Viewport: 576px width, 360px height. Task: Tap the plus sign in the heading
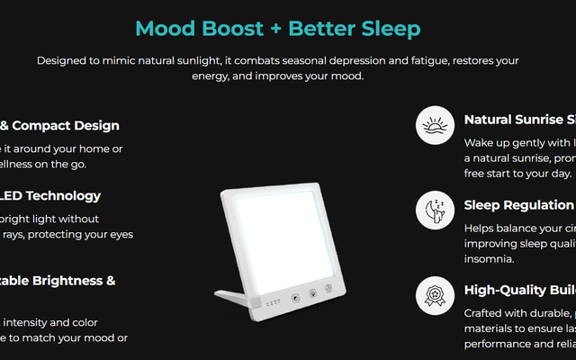pos(280,29)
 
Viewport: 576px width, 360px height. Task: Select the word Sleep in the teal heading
pos(387,29)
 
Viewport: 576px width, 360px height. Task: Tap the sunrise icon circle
pos(435,125)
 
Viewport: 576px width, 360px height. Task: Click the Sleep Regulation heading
pos(518,205)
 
